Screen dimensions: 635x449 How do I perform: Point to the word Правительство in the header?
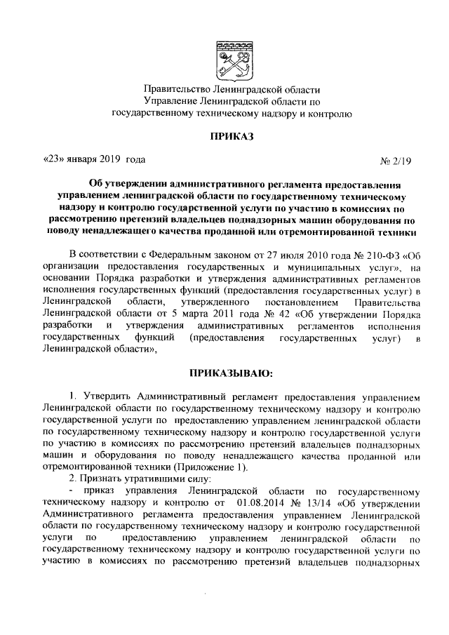(x=173, y=90)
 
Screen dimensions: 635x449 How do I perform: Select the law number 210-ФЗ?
(x=368, y=253)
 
